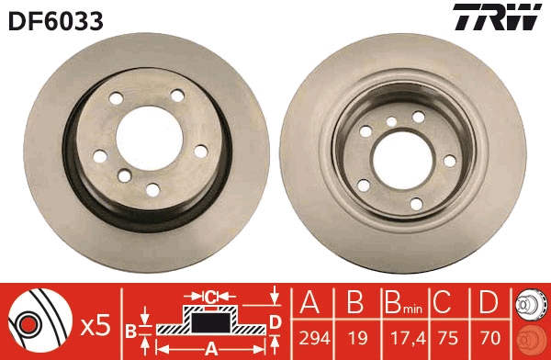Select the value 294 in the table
click(311, 337)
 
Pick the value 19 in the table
click(354, 337)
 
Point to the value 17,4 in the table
click(400, 337)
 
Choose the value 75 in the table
click(446, 337)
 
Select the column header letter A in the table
click(310, 302)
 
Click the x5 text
click(96, 324)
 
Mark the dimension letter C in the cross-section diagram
click(210, 297)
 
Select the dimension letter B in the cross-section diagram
click(130, 329)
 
